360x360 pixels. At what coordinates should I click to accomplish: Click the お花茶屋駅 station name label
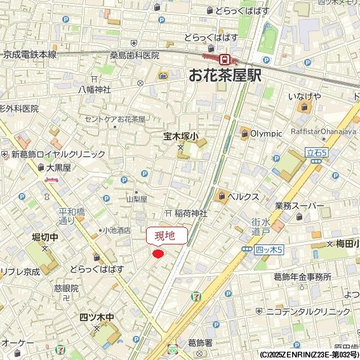pyautogui.click(x=225, y=76)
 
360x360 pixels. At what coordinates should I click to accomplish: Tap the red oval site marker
pyautogui.click(x=158, y=254)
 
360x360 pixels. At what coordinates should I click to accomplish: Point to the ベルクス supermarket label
pyautogui.click(x=243, y=196)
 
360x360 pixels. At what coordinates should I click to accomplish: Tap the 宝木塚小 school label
pyautogui.click(x=181, y=136)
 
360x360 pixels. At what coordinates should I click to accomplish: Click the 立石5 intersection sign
pyautogui.click(x=316, y=152)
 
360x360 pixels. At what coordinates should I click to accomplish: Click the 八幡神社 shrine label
pyautogui.click(x=94, y=90)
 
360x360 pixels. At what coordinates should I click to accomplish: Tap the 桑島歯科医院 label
pyautogui.click(x=135, y=55)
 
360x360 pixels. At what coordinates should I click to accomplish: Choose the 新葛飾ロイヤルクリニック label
pyautogui.click(x=58, y=154)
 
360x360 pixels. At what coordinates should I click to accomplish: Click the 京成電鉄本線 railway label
pyautogui.click(x=30, y=55)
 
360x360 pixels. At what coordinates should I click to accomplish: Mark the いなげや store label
pyautogui.click(x=304, y=96)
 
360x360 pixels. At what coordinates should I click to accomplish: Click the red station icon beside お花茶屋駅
pyautogui.click(x=224, y=58)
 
